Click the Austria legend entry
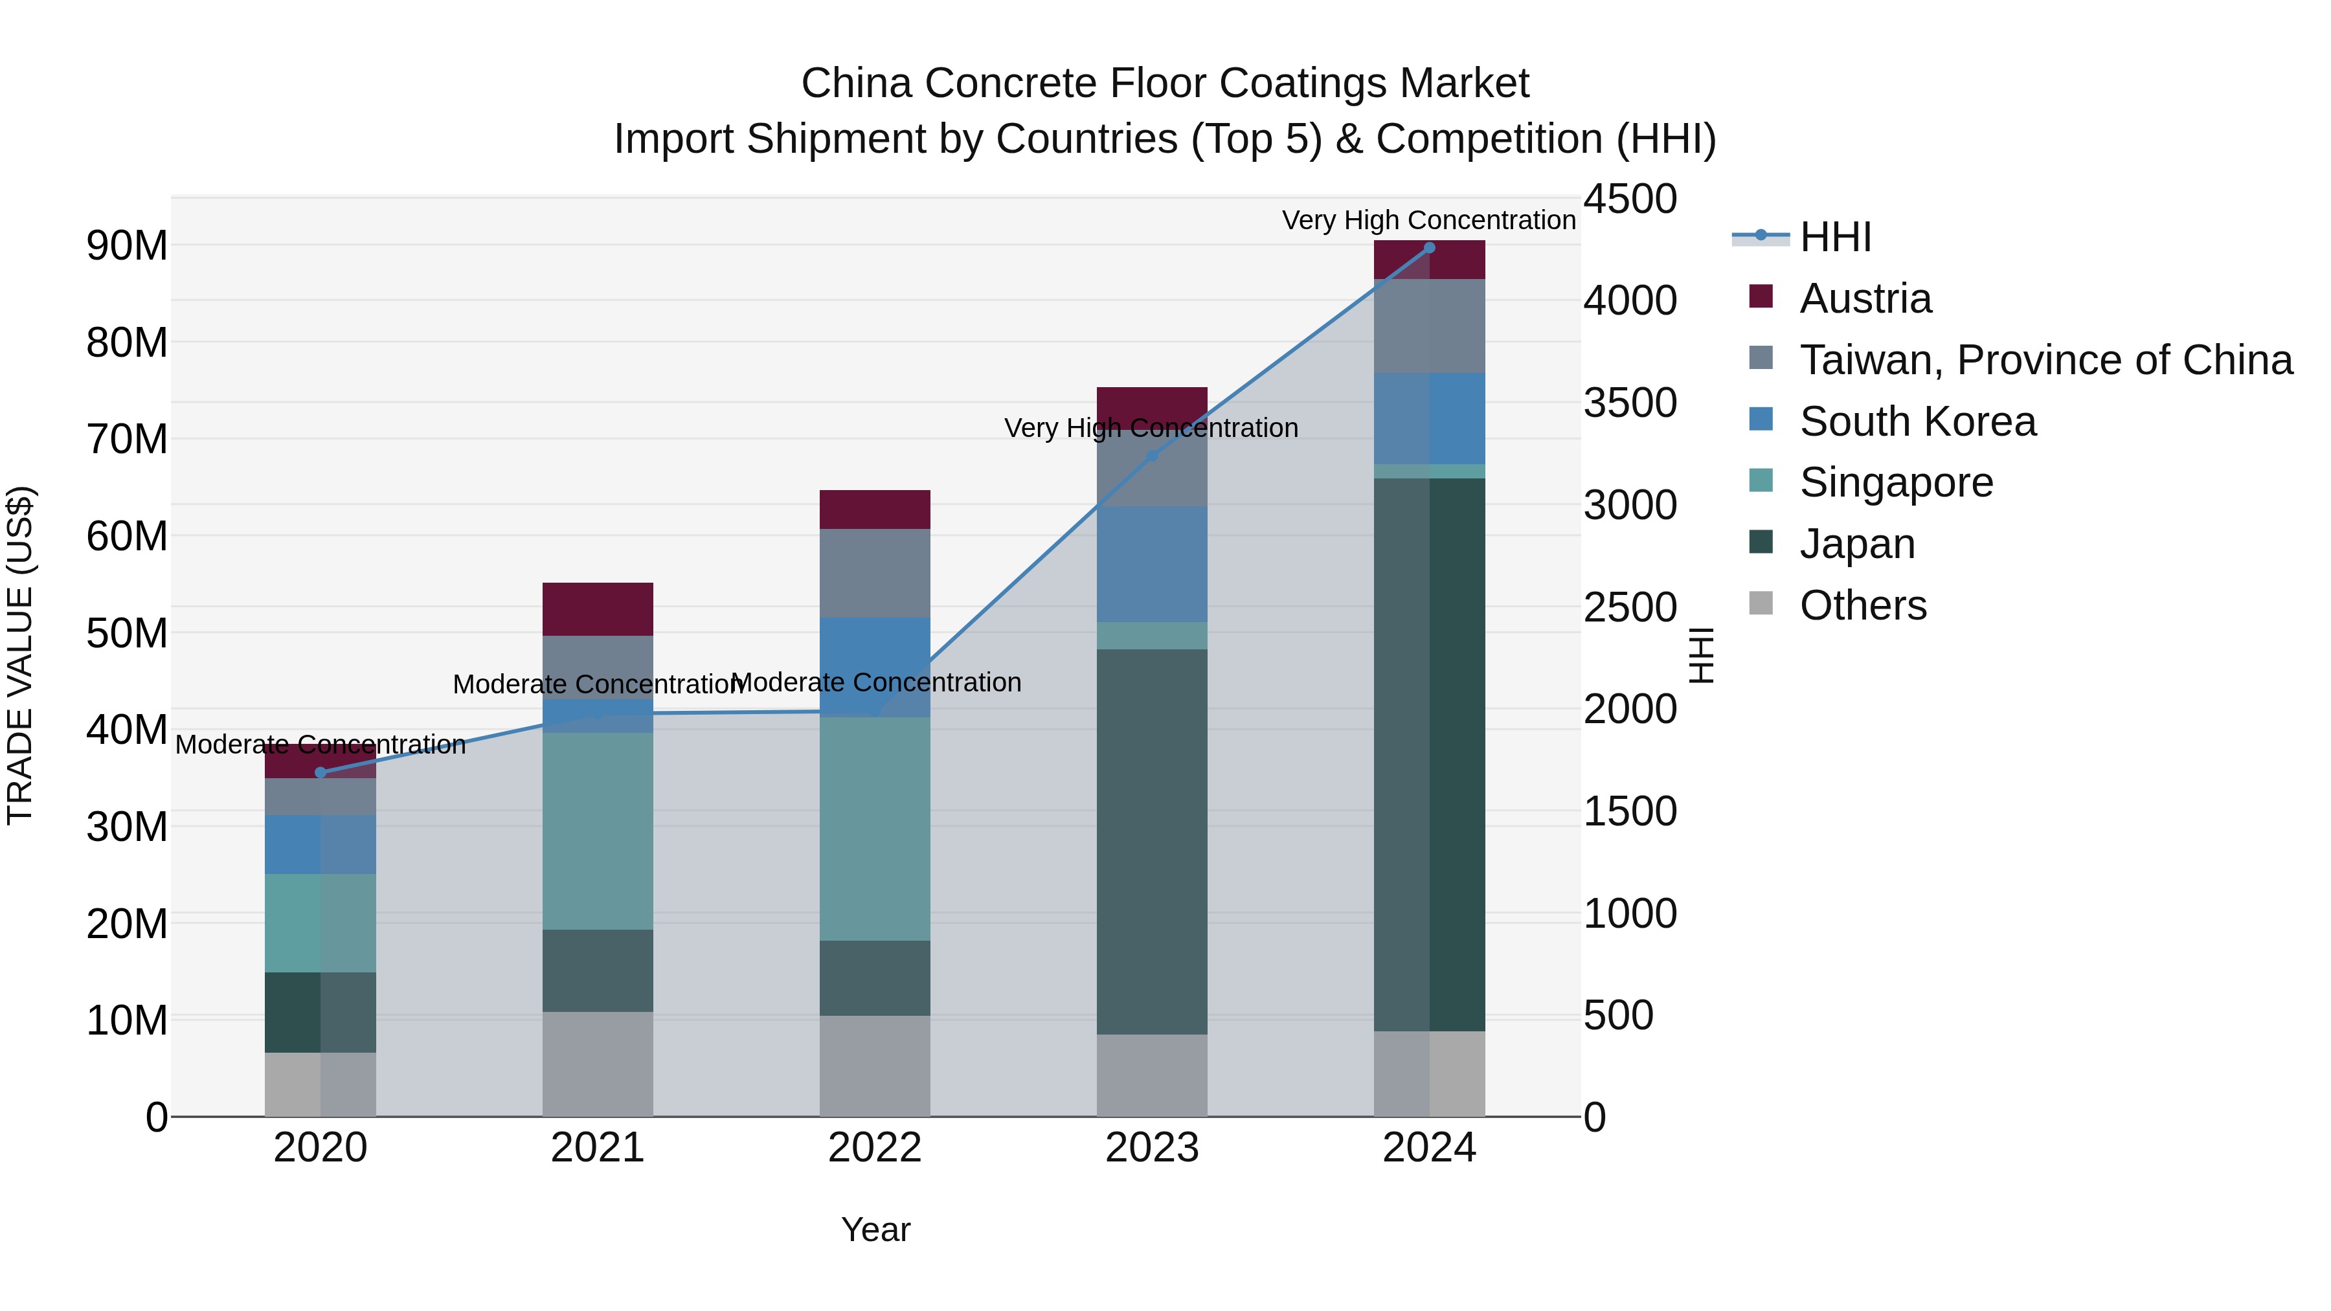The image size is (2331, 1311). tap(1865, 298)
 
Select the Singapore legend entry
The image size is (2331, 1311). tap(1896, 482)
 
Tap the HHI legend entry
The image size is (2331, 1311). tap(1835, 237)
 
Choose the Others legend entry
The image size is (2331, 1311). tap(1862, 605)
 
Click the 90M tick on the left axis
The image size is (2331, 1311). tap(127, 246)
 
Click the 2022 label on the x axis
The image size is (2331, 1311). tap(874, 1148)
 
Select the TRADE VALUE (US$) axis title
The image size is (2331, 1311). tap(20, 655)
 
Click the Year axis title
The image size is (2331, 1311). tap(875, 1229)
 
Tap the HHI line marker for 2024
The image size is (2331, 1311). tap(1429, 248)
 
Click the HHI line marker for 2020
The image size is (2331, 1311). tap(321, 772)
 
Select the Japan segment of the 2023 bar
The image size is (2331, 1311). tap(1151, 842)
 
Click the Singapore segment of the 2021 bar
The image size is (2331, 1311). tap(597, 831)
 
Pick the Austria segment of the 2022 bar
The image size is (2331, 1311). tap(874, 510)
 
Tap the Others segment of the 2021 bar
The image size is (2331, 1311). tap(597, 1063)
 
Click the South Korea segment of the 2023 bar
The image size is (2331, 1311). tap(1151, 564)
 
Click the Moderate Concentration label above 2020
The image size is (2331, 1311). tap(321, 745)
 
